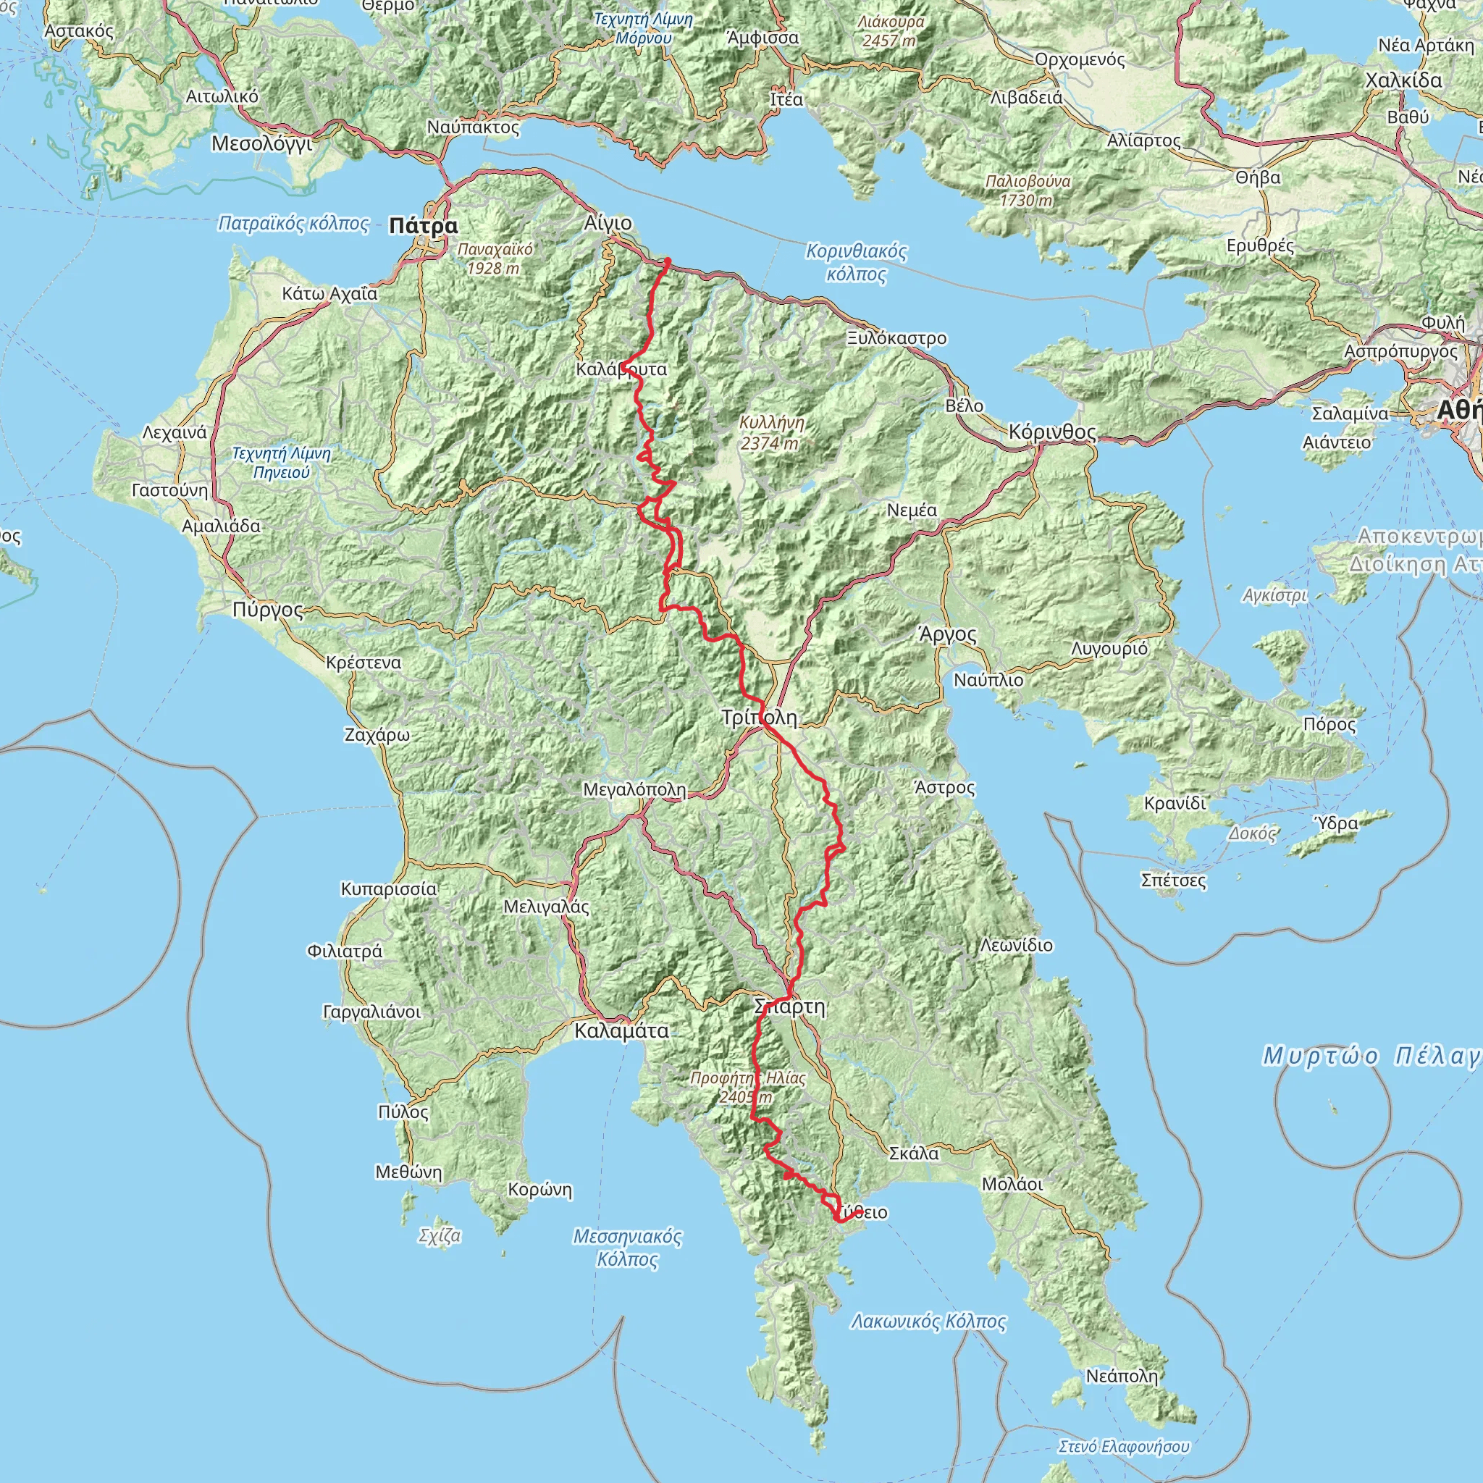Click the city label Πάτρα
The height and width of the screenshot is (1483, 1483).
pyautogui.click(x=423, y=226)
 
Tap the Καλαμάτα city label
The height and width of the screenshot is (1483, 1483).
pyautogui.click(x=621, y=1031)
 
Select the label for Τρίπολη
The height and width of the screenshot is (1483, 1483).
pyautogui.click(x=759, y=718)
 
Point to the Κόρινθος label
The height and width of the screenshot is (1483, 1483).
pyautogui.click(x=1052, y=432)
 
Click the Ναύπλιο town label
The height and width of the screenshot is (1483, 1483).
pyautogui.click(x=988, y=680)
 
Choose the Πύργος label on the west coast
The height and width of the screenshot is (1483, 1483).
pyautogui.click(x=268, y=610)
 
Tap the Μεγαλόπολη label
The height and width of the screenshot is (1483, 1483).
pyautogui.click(x=634, y=790)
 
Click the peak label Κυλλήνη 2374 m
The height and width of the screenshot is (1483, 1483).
pyautogui.click(x=771, y=433)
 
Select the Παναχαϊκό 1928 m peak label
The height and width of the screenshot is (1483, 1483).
pyautogui.click(x=495, y=259)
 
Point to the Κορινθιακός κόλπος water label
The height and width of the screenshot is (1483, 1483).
pyautogui.click(x=856, y=263)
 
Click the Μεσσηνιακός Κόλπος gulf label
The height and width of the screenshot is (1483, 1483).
pyautogui.click(x=627, y=1248)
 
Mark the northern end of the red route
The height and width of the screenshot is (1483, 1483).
pyautogui.click(x=668, y=260)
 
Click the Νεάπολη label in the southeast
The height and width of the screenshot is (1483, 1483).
pyautogui.click(x=1121, y=1377)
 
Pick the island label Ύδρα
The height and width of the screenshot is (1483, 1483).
pyautogui.click(x=1337, y=823)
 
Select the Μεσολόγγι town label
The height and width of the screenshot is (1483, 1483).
pyautogui.click(x=261, y=143)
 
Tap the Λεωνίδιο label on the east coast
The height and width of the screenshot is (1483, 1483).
pyautogui.click(x=1016, y=945)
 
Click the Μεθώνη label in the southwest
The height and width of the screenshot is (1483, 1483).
pyautogui.click(x=408, y=1172)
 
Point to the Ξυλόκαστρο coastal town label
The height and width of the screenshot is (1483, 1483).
pyautogui.click(x=896, y=338)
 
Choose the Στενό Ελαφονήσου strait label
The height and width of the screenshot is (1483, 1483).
pyautogui.click(x=1123, y=1446)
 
